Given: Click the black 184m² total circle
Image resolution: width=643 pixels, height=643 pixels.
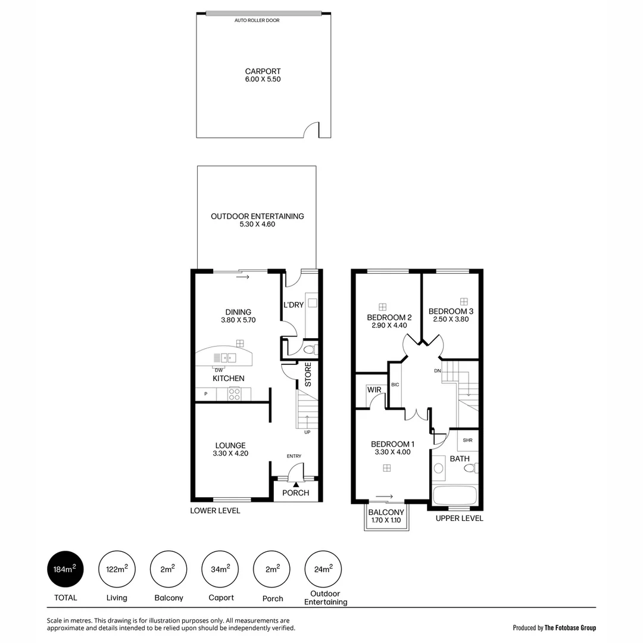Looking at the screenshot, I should click(65, 569).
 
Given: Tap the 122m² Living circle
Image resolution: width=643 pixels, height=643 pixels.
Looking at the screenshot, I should click(117, 569).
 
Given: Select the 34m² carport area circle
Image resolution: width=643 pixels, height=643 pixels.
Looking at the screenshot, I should click(220, 569).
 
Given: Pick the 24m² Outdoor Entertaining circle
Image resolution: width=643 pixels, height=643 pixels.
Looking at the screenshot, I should click(323, 569).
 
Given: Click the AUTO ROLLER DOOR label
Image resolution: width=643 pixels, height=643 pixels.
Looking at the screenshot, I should click(257, 20).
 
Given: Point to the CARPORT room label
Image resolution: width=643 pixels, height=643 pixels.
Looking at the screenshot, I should click(263, 71).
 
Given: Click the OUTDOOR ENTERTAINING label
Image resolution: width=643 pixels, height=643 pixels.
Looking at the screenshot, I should click(257, 216).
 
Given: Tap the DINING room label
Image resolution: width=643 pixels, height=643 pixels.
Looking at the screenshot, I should click(238, 312).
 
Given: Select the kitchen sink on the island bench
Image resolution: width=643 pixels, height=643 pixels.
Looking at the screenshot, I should click(229, 358).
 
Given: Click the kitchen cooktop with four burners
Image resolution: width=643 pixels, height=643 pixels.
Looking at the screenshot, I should click(234, 394).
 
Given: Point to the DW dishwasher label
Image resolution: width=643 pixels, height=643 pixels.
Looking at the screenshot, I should click(219, 370).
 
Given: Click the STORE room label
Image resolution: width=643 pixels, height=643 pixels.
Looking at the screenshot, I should click(308, 374).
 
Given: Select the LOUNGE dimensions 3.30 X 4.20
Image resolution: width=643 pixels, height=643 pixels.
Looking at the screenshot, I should click(230, 454).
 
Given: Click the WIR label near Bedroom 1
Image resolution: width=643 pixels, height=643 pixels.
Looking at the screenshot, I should click(374, 389).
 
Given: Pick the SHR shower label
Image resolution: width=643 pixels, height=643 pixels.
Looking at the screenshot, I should click(467, 441).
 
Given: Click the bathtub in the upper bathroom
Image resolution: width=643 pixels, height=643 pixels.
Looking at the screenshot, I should click(454, 495).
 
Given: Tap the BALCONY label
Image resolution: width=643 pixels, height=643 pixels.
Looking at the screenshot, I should click(386, 512).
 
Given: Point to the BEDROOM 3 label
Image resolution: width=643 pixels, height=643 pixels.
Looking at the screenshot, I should click(451, 311).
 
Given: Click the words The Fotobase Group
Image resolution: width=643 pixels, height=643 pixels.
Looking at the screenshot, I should click(570, 628).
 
